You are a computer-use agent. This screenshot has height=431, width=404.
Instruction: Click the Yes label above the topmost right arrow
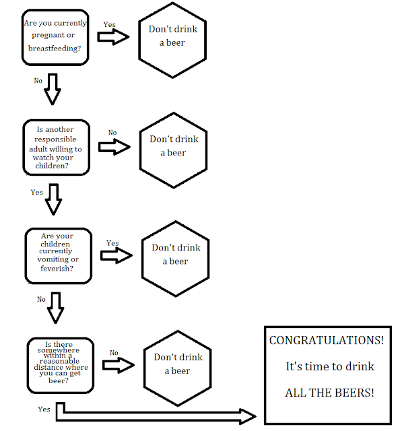pyautogui.click(x=109, y=24)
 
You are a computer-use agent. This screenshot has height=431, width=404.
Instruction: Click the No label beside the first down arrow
pyautogui.click(x=38, y=81)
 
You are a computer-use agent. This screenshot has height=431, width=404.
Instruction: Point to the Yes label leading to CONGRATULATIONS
pyautogui.click(x=44, y=409)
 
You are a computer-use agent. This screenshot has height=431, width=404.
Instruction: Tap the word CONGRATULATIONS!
pyautogui.click(x=327, y=340)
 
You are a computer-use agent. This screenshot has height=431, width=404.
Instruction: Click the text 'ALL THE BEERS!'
pyautogui.click(x=329, y=393)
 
